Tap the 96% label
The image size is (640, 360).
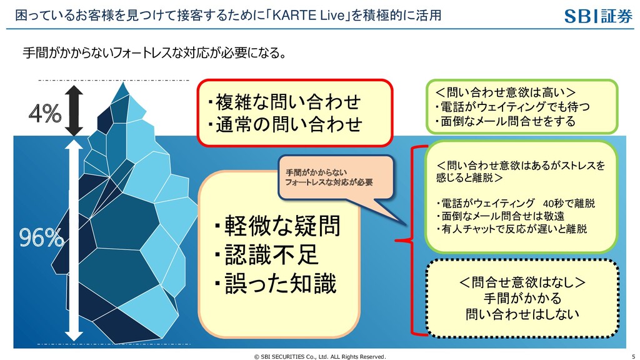click(41, 237)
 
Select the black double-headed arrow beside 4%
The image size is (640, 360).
click(74, 110)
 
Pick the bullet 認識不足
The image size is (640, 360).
click(266, 255)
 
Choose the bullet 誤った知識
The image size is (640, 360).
click(275, 284)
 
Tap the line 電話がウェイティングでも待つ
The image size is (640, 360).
click(511, 107)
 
